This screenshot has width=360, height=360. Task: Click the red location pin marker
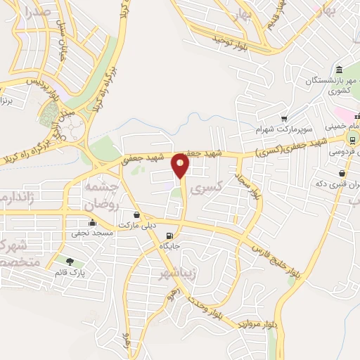(181, 167)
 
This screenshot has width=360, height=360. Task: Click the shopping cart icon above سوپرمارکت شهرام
(284, 118)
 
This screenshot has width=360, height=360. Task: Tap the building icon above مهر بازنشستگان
(340, 70)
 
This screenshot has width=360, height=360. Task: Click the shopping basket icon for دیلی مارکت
(136, 214)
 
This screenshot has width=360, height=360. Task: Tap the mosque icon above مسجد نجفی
(92, 223)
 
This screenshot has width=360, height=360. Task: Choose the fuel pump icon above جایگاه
(169, 236)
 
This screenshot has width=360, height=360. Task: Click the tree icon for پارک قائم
(68, 262)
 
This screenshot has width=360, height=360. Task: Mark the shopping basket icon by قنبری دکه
(342, 173)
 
